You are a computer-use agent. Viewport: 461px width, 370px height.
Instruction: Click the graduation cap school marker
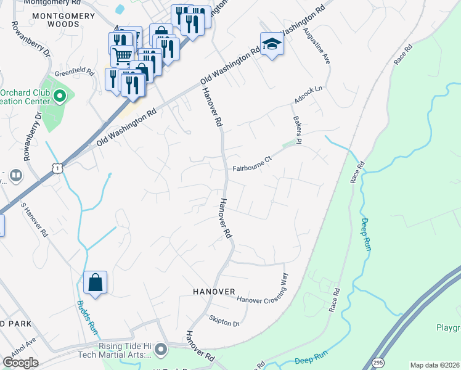coord(271,44)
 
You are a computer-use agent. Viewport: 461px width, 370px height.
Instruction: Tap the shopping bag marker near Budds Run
coord(96,283)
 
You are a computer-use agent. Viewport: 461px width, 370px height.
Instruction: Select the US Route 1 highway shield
coord(57,168)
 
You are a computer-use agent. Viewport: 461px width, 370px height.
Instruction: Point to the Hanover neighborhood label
coord(214,291)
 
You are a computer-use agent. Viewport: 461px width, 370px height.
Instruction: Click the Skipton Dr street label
coord(224,321)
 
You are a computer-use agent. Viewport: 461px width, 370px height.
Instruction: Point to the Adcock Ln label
coord(309,94)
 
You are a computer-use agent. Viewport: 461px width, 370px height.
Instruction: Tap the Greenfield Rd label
coord(74,72)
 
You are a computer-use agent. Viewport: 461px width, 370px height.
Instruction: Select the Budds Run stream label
coord(88,316)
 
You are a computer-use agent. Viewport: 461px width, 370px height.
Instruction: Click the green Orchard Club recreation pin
coord(60,96)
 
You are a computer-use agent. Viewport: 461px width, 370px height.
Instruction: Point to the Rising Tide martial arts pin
coord(161,350)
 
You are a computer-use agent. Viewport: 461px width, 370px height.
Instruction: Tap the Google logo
coord(20,363)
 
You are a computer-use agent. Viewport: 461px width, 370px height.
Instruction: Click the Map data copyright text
coord(434,365)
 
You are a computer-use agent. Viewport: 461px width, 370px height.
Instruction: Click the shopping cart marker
coord(122,57)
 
